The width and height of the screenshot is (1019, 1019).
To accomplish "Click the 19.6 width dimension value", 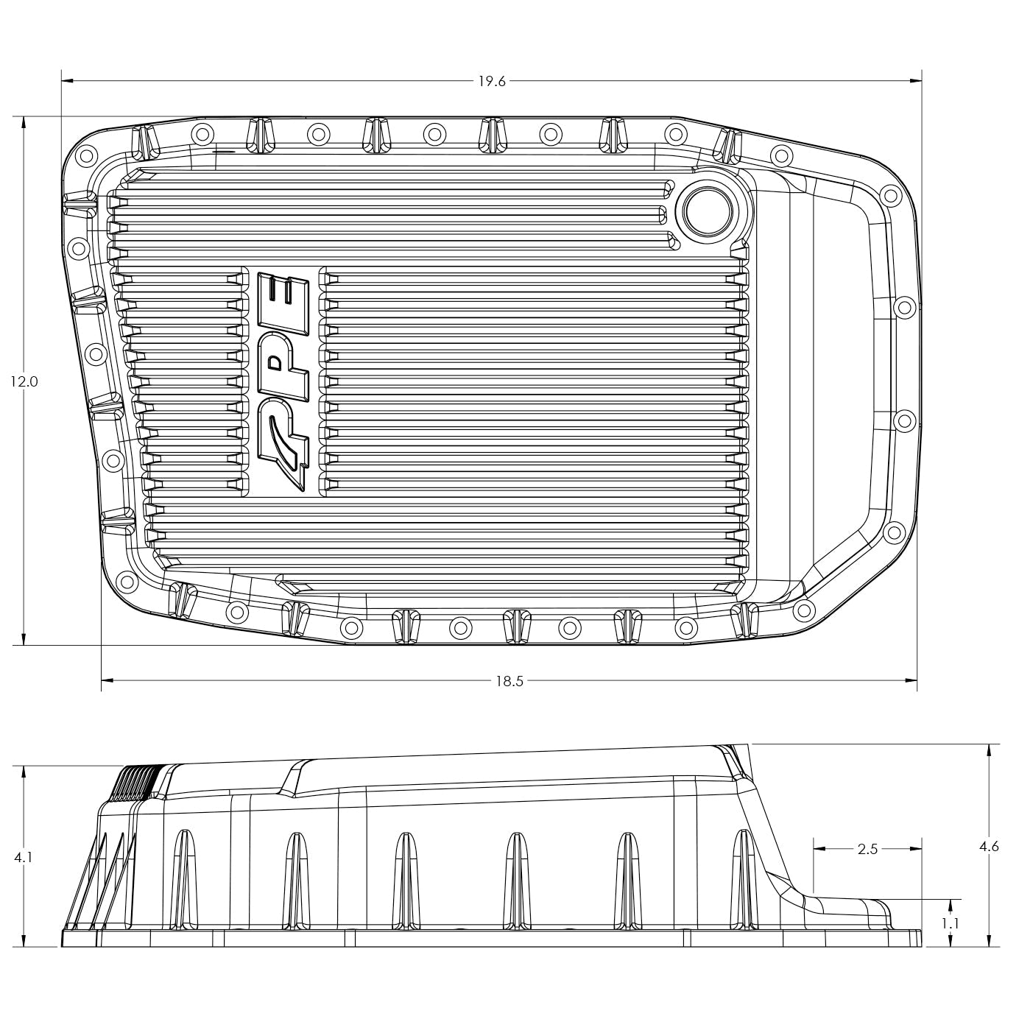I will [492, 81].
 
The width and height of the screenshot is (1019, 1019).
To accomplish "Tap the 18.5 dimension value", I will [509, 681].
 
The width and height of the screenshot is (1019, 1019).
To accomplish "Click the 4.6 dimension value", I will [988, 847].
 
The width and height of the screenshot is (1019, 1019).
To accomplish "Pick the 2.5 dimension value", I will [868, 849].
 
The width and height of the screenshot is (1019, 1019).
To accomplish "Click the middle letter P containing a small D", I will [280, 361].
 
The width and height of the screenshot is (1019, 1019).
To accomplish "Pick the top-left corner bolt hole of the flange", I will [85, 155].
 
